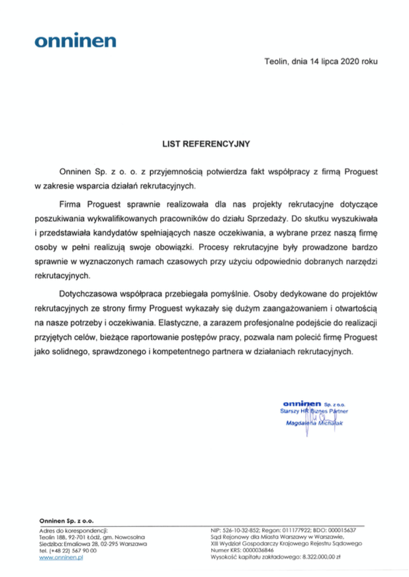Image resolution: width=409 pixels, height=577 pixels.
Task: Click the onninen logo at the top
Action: pos(75,41)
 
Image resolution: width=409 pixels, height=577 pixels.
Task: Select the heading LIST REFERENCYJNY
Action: pos(204,141)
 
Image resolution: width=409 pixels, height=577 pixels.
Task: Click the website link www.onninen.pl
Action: pos(61,558)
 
